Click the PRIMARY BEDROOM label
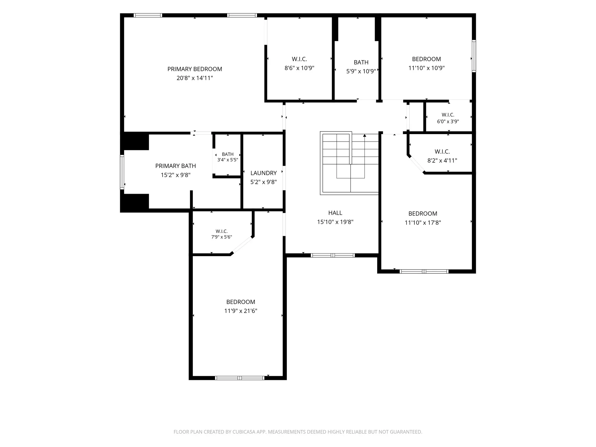tap(195, 69)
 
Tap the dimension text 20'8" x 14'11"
tap(195, 78)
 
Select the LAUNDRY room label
tap(264, 173)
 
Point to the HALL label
tap(335, 213)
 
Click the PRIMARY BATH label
tap(176, 166)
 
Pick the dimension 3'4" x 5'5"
tap(228, 160)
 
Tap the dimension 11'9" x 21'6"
tap(241, 311)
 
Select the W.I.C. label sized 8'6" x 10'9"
tap(299, 59)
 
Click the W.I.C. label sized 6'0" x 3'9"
tap(448, 115)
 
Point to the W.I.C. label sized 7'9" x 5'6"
tap(222, 231)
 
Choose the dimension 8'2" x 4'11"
tap(442, 160)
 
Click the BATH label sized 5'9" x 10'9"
tap(361, 62)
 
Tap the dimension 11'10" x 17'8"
tap(423, 223)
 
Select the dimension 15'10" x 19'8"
tap(335, 222)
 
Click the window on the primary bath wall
tap(122, 172)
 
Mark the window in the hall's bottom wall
tap(333, 255)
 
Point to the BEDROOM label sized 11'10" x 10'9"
tap(426, 59)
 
